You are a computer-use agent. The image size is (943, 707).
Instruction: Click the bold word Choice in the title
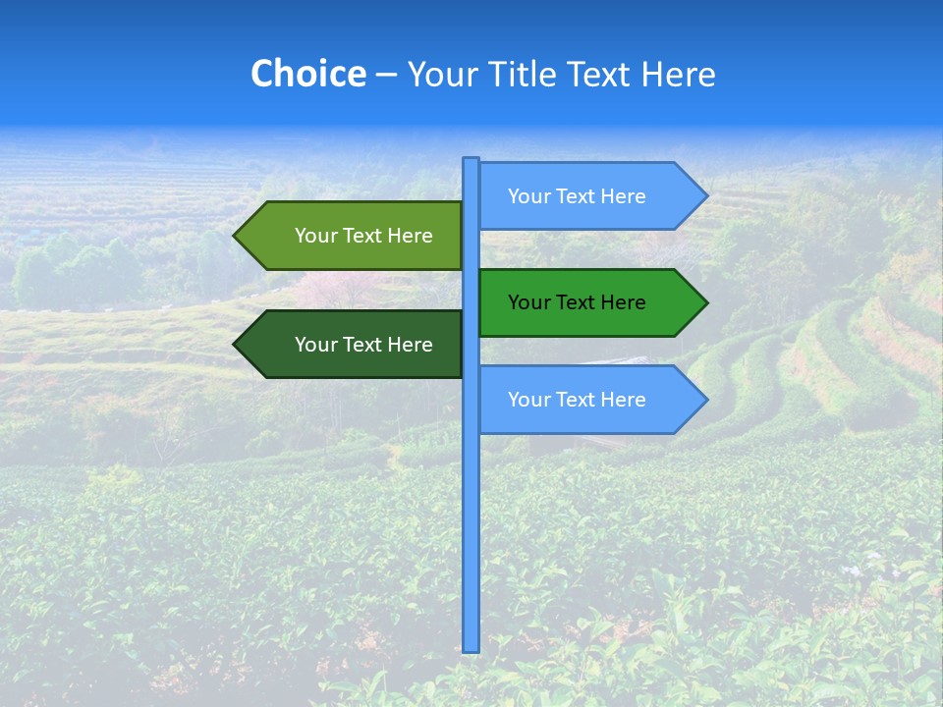click(x=307, y=75)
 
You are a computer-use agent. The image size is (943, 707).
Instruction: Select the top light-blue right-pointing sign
click(x=589, y=196)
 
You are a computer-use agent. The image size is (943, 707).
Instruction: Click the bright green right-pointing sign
click(x=589, y=302)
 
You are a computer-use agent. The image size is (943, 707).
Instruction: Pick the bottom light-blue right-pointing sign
click(x=589, y=400)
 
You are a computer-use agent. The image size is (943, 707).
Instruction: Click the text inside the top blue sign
click(x=577, y=196)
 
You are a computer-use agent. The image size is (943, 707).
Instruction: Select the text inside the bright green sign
click(x=577, y=302)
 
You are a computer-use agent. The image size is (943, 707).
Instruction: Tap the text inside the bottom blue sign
click(x=577, y=400)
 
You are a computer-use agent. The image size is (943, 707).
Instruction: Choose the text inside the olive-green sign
click(x=363, y=236)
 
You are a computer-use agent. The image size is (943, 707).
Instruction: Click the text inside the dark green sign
click(x=363, y=345)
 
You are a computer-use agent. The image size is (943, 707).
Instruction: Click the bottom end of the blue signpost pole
click(x=471, y=648)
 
